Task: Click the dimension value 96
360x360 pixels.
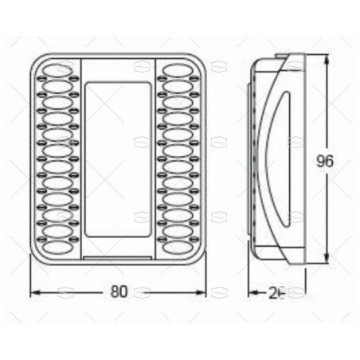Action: (323, 160)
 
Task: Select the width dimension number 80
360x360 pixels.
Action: (119, 292)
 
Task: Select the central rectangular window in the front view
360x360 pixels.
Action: (119, 160)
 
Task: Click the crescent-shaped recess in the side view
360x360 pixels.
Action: (271, 159)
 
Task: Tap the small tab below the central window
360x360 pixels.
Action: (119, 256)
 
